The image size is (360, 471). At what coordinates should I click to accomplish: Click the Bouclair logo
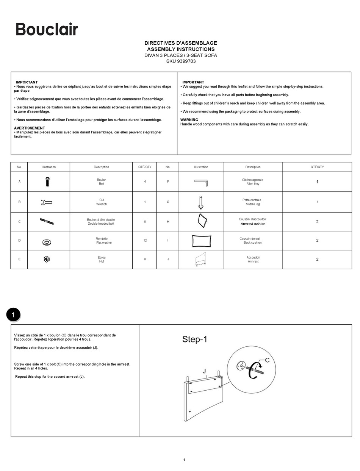[47, 29]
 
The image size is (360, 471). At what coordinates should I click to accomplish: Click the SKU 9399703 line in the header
[181, 61]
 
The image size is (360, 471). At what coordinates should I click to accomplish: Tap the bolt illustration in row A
[47, 182]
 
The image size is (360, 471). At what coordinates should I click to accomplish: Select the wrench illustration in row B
[46, 202]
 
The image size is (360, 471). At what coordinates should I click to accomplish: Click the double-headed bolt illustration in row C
[47, 221]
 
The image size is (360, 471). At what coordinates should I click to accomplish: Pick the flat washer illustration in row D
[47, 242]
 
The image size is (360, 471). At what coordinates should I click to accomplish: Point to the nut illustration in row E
[47, 259]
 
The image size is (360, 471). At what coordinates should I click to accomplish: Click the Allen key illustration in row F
[201, 183]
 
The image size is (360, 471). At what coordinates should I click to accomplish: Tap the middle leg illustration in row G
[200, 202]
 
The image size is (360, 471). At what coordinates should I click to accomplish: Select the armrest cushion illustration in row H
[202, 221]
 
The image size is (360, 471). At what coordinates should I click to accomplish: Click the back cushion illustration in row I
[201, 241]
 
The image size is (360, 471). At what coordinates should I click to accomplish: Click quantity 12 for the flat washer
[145, 241]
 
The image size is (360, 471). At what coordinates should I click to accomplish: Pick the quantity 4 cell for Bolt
[145, 182]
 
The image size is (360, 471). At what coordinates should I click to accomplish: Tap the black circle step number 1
[13, 315]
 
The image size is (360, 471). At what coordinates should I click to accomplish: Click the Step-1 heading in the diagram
[194, 339]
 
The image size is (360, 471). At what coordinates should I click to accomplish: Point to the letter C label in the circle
[267, 360]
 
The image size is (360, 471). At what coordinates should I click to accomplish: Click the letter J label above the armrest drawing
[204, 371]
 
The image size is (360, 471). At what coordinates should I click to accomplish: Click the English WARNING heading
[189, 120]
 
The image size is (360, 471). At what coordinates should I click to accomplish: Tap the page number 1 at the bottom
[184, 460]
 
